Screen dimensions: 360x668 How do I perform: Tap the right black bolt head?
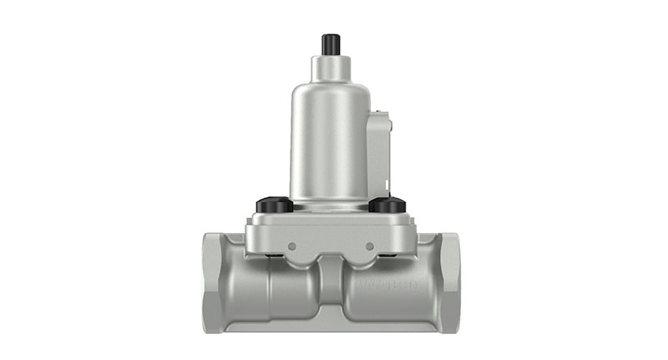click(x=387, y=204)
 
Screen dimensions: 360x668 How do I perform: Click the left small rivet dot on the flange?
click(x=291, y=246)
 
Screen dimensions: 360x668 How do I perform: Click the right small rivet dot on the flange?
click(x=369, y=246)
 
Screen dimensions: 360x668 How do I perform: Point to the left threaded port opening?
click(x=208, y=282)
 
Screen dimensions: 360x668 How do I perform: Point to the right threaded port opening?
click(x=453, y=282)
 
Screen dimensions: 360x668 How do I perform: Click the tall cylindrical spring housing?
click(x=330, y=142)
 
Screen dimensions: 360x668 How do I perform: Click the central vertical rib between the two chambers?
click(x=331, y=288)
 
